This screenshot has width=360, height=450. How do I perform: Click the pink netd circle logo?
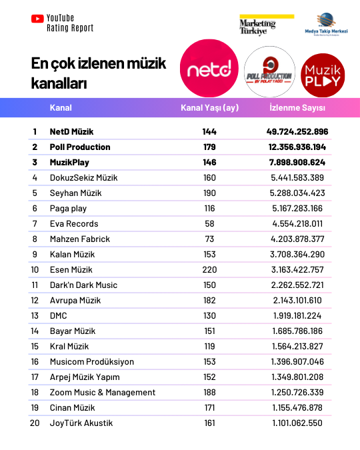point(209,69)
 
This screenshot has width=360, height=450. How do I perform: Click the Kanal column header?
point(61,108)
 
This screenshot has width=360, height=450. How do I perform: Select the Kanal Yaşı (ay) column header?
point(209,108)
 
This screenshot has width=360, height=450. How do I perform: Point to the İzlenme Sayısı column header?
point(297,108)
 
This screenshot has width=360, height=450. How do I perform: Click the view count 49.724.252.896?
point(297,132)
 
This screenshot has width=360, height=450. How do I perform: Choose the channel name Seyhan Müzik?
point(75,193)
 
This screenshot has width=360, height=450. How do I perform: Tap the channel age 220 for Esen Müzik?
point(209,270)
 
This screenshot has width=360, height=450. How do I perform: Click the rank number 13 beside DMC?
point(35,316)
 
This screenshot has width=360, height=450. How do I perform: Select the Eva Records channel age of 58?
point(209,224)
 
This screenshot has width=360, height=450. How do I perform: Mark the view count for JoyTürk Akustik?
point(297,423)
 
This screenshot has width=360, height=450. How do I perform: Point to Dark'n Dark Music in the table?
point(83,285)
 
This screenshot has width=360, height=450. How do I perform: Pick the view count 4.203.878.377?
point(297,239)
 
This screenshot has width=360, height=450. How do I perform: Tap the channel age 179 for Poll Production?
point(209,147)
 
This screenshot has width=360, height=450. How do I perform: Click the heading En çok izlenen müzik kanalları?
point(99,74)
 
